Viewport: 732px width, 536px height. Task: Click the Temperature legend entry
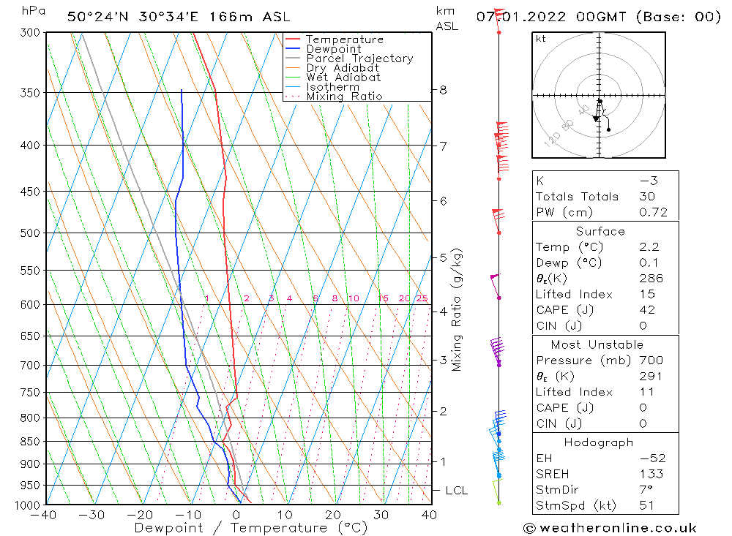344,39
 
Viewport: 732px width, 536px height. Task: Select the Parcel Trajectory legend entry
359,58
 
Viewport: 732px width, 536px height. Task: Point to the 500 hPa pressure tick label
29,233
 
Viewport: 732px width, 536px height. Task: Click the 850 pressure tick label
29,442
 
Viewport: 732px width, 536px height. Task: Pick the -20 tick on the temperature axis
141,515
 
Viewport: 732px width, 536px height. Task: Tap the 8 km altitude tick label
443,90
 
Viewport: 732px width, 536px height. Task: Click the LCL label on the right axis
456,491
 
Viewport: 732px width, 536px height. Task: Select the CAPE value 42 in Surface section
647,310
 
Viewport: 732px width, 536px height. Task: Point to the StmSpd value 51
646,505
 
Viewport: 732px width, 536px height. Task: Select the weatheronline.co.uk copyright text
610,528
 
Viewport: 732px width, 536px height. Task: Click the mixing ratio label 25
422,298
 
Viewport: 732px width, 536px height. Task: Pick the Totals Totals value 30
647,197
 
